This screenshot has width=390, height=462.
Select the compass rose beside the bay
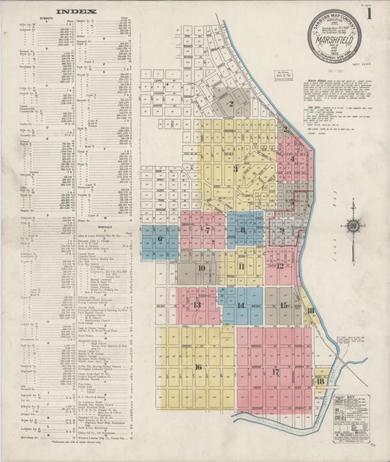point(353,226)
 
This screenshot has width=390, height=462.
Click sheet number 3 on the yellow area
point(236,169)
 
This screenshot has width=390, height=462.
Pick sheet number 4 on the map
point(293,158)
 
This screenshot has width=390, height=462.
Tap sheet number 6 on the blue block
point(160,238)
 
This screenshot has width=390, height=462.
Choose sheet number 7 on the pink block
point(208,231)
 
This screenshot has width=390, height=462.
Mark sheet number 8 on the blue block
point(242,231)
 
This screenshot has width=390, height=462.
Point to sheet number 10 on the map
point(201,268)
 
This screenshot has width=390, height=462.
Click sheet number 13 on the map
point(196,305)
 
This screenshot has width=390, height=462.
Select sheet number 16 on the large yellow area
point(198,367)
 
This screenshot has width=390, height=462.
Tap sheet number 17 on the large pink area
point(275,372)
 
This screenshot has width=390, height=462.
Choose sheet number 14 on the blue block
point(240,306)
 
